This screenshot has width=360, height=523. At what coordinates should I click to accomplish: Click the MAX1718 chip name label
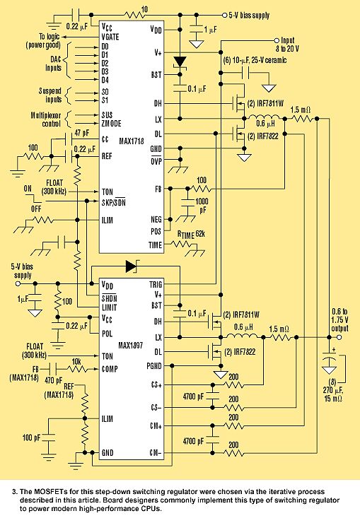[132, 141]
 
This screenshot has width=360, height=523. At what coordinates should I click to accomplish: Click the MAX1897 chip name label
[130, 345]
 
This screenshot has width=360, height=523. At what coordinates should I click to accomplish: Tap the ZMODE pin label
[112, 124]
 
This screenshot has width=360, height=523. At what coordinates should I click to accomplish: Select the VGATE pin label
[110, 37]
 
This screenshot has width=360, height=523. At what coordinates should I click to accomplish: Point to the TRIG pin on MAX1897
[156, 285]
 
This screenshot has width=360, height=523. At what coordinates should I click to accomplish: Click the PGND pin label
[154, 366]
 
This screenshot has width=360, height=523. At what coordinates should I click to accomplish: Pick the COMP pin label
[110, 369]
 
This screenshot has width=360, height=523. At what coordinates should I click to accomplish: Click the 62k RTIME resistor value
[200, 234]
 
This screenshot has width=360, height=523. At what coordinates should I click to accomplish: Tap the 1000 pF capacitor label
[202, 206]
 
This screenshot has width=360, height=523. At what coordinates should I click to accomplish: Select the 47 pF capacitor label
[82, 133]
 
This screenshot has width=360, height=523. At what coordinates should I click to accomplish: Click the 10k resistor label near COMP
[76, 362]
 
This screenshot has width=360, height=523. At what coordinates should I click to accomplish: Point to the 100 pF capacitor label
[31, 437]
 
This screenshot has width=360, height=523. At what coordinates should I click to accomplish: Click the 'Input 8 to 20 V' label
[287, 45]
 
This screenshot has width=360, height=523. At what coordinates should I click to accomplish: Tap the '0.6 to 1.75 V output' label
[339, 320]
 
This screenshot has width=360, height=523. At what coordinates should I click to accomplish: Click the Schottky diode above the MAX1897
[132, 266]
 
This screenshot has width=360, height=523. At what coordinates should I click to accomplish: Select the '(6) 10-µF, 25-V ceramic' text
[255, 60]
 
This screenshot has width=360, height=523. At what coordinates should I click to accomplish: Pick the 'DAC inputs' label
[54, 64]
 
